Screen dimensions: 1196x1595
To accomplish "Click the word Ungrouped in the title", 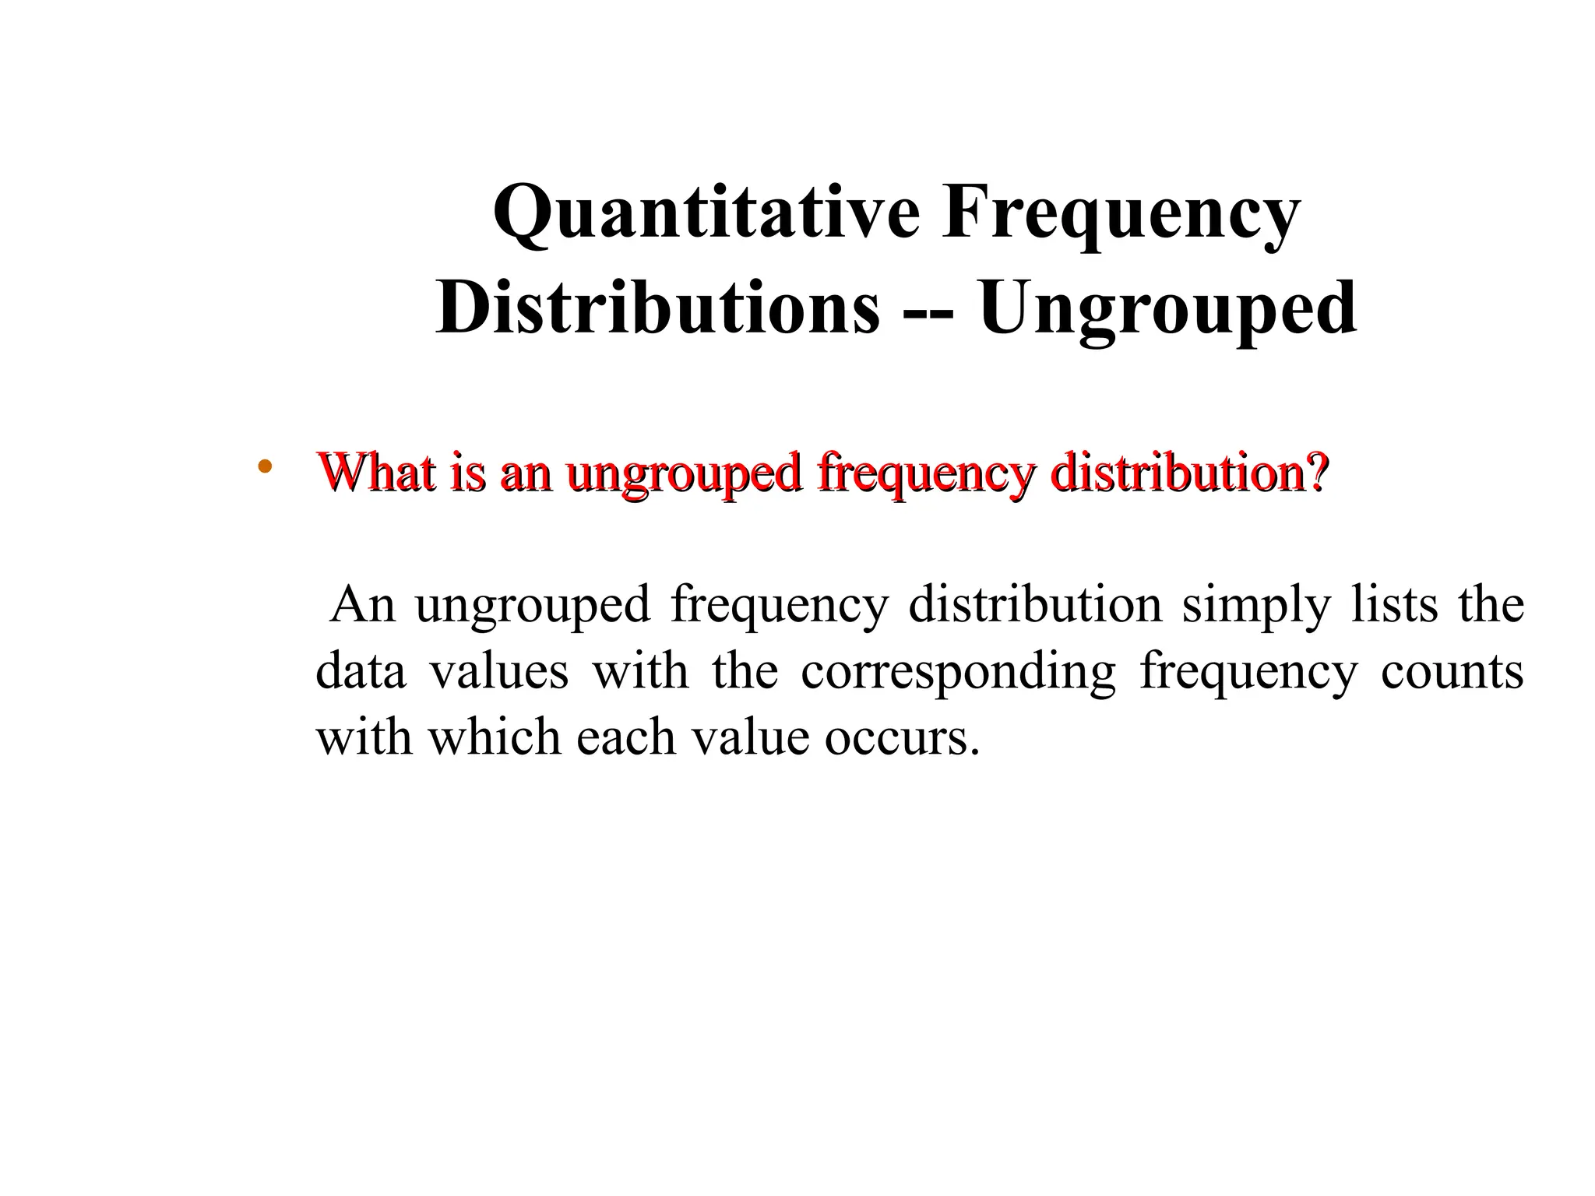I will coord(1167,308).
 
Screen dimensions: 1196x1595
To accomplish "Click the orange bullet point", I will coord(265,467).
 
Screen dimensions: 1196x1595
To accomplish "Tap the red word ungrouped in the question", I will coord(684,473).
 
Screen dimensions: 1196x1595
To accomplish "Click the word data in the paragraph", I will coord(361,670).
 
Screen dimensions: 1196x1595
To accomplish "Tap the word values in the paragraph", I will coord(499,670).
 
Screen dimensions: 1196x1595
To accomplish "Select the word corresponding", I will coord(958,672).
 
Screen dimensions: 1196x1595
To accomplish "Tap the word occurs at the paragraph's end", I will coord(901,737).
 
